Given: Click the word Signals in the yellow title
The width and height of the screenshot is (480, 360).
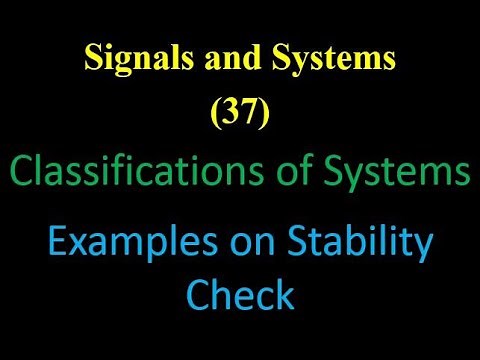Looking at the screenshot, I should click(137, 59).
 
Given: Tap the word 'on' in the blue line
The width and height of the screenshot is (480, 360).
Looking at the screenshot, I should click(234, 243).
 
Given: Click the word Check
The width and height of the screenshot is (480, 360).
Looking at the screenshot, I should click(239, 295).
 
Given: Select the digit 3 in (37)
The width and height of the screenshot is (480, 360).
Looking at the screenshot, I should click(232, 117).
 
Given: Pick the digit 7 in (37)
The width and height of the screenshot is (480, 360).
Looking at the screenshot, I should click(248, 117).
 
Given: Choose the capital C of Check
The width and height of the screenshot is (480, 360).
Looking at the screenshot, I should click(199, 295).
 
